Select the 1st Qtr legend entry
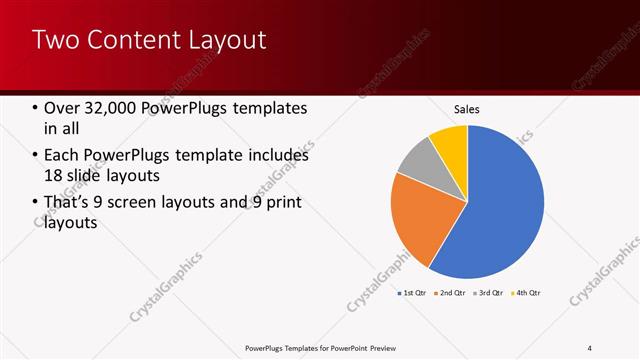(x=412, y=293)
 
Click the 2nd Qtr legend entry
(x=451, y=293)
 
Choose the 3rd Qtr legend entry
(x=489, y=293)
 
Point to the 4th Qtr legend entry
(x=527, y=293)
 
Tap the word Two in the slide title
(x=54, y=40)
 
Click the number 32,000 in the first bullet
(x=108, y=109)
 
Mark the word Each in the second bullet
(x=62, y=156)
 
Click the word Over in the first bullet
(x=62, y=109)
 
